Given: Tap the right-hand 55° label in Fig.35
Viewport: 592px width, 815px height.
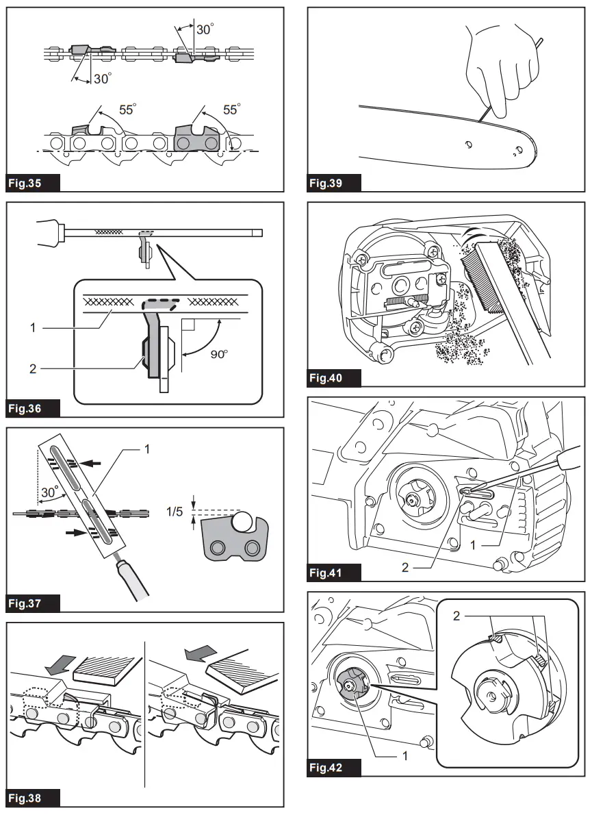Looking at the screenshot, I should coord(232,110).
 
